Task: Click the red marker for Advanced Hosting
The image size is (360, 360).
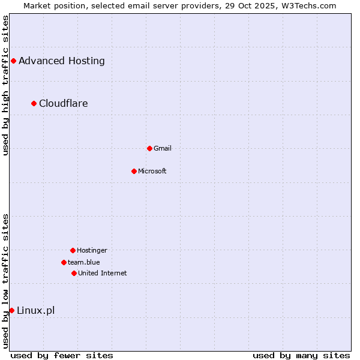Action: click(13, 61)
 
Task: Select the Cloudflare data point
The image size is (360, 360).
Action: click(34, 103)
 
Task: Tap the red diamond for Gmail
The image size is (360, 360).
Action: click(149, 148)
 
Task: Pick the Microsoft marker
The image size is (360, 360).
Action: click(134, 171)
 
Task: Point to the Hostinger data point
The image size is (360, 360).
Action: click(73, 250)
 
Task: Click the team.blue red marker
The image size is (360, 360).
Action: click(64, 262)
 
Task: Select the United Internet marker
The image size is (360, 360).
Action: click(74, 273)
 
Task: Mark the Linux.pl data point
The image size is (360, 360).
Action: click(11, 310)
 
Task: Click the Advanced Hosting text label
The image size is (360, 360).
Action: click(62, 61)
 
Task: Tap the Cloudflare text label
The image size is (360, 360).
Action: click(64, 103)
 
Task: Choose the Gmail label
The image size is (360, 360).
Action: click(163, 148)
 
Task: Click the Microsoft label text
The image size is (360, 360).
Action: click(152, 171)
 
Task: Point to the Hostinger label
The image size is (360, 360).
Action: click(92, 250)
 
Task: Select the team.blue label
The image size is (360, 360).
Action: click(84, 262)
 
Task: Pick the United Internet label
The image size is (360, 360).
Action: click(103, 273)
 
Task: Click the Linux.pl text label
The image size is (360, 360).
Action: click(36, 310)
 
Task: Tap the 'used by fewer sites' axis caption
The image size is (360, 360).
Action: click(62, 355)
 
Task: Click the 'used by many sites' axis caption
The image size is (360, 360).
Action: click(301, 355)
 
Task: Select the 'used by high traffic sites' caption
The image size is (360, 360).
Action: click(5, 85)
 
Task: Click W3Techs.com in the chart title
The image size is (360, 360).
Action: click(309, 5)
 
